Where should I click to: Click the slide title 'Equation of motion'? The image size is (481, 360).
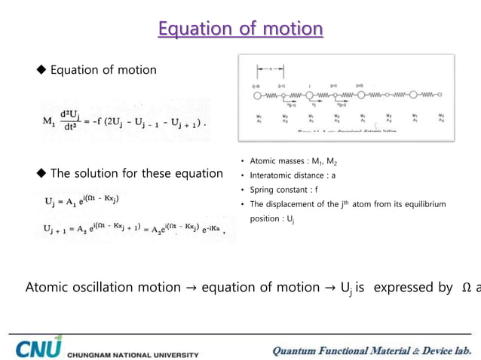click(240, 29)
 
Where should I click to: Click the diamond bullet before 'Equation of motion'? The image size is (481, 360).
click(41, 70)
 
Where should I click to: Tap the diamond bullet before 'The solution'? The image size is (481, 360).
click(41, 174)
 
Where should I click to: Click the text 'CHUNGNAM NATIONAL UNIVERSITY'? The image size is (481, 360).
click(133, 353)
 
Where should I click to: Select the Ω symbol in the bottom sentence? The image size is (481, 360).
click(465, 287)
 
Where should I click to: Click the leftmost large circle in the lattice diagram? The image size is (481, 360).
click(256, 96)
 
